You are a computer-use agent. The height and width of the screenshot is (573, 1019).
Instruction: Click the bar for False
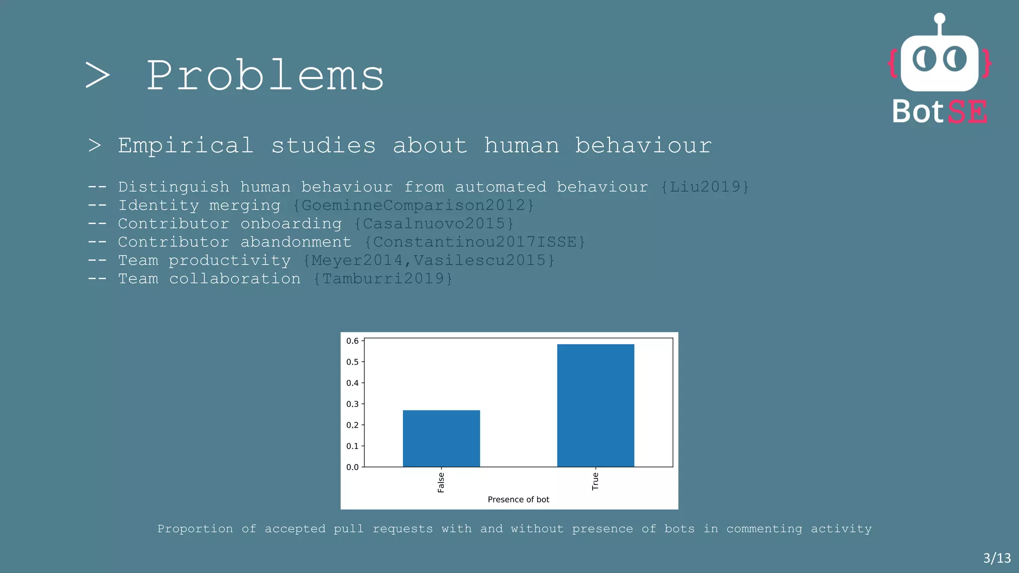coord(441,438)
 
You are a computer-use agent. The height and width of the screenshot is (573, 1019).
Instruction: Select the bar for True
coord(596,405)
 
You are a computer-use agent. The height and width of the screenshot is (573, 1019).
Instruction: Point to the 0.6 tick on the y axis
coord(352,341)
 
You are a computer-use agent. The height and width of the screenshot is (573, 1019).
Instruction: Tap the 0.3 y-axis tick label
coord(352,404)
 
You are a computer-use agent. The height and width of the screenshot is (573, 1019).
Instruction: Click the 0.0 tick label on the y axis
coord(352,467)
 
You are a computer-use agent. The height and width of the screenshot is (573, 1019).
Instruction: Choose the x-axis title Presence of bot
coord(518,499)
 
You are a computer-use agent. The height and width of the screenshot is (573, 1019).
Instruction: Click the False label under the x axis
coord(441,482)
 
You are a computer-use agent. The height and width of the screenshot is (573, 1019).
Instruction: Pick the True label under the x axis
coord(595,481)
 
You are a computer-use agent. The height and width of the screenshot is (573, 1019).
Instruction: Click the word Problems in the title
coord(265,76)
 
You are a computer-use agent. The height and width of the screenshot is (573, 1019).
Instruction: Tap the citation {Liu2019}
coord(705,187)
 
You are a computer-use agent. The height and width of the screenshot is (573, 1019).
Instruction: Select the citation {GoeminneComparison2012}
coord(413,205)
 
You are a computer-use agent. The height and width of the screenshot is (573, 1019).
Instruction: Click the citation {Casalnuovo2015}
coord(434,224)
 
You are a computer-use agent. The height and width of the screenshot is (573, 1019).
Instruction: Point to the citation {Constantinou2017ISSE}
coord(475,242)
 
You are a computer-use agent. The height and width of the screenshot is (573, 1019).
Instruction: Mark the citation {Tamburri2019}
coord(383,279)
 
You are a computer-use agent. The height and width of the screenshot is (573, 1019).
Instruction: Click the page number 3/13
coord(997,558)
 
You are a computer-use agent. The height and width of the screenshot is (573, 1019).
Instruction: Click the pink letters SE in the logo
coord(967,112)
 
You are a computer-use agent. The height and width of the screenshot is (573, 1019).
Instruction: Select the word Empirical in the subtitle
coord(186,146)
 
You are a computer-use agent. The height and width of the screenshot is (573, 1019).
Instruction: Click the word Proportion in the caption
coord(195,529)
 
